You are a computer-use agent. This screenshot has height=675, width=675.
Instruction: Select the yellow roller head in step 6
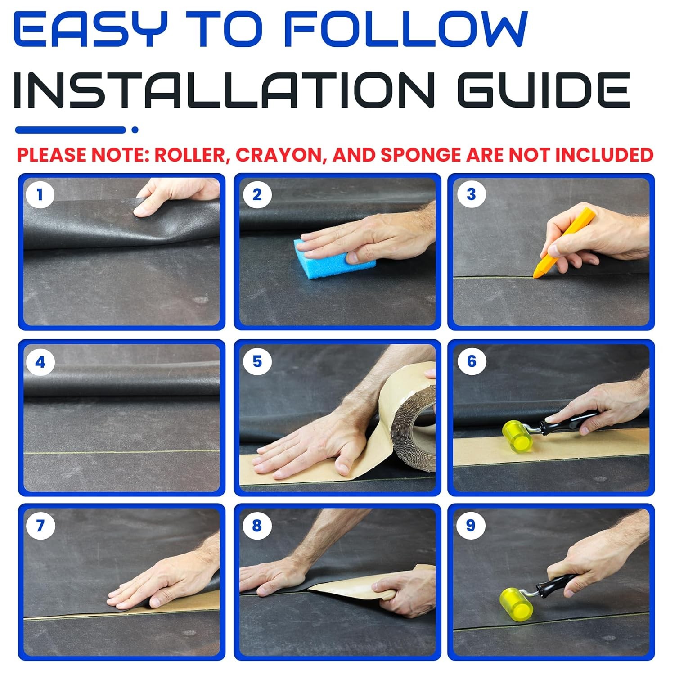point(517,436)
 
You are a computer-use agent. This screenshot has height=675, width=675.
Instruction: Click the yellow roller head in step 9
point(516,603)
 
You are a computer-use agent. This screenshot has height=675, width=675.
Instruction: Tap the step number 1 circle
point(40,195)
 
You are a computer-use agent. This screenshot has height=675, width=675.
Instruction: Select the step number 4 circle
point(40,362)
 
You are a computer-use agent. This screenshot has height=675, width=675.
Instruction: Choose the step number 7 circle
point(40,526)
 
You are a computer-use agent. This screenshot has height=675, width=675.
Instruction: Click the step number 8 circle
point(257,526)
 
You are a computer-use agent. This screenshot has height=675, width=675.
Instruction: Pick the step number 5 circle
point(257,361)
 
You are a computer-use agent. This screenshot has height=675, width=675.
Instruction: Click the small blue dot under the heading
point(135,130)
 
